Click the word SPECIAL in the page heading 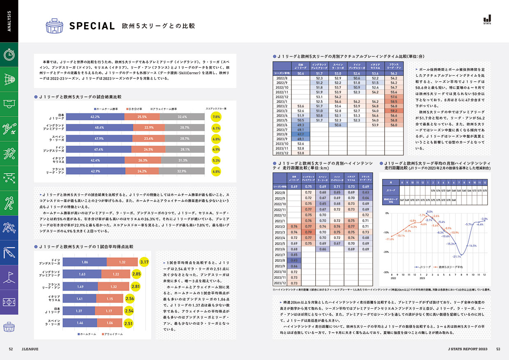click(x=92, y=26)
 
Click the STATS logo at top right click(x=487, y=19)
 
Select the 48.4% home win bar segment click(x=99, y=128)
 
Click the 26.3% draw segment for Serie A click(x=143, y=161)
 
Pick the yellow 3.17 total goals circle click(x=144, y=262)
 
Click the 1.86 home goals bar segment click(x=85, y=262)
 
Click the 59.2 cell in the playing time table click(x=394, y=110)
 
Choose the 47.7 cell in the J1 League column click(x=300, y=134)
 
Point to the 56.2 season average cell click(x=394, y=73)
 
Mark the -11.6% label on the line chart click(x=390, y=239)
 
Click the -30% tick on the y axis click(x=386, y=272)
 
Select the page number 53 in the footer click(x=498, y=349)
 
